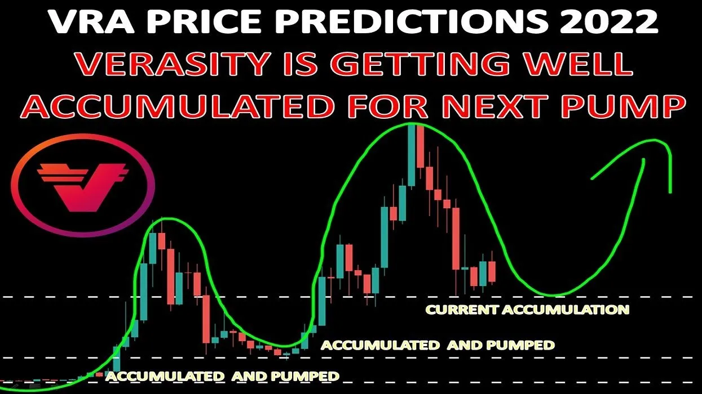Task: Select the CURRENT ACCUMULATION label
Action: pos(527,310)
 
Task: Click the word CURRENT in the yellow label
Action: pos(461,310)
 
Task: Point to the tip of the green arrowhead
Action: pos(644,159)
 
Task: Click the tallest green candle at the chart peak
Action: pos(412,155)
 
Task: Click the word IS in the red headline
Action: pos(303,63)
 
